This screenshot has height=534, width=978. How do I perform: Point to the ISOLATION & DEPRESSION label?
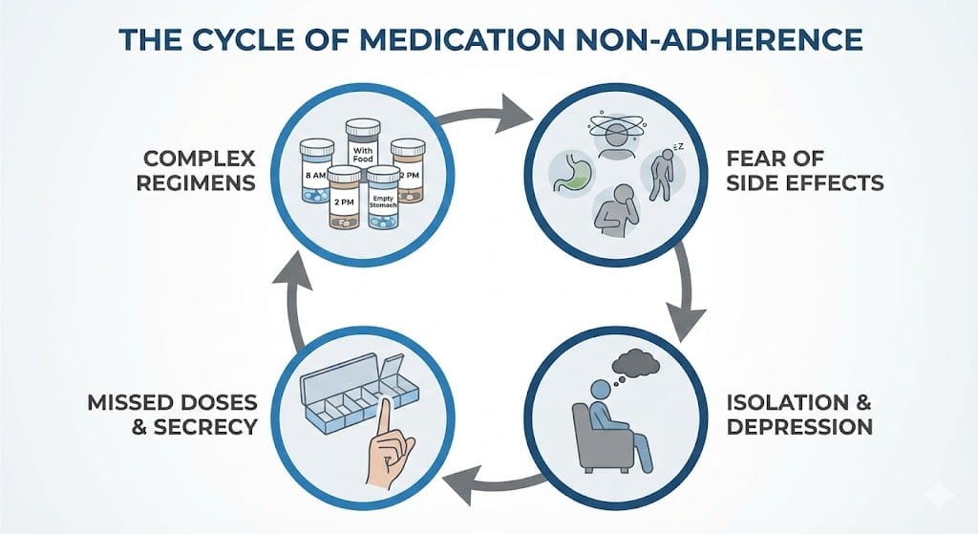point(798,414)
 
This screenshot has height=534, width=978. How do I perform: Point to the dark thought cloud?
point(634,362)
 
